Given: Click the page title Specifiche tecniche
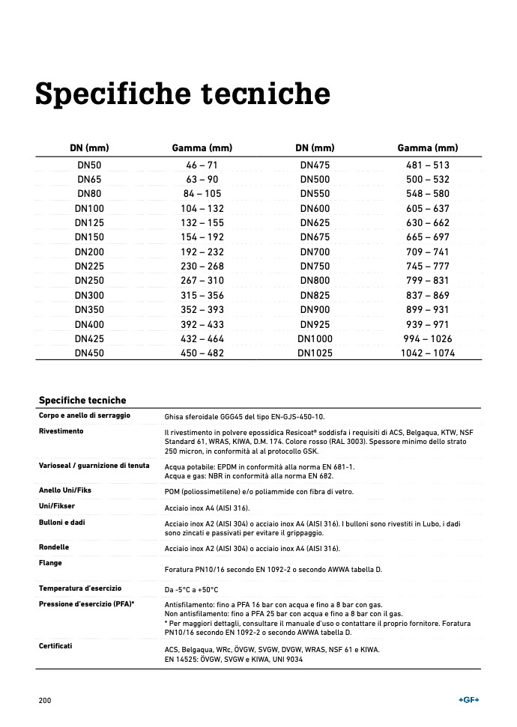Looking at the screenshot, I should [183, 95].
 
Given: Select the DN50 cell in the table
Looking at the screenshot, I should [89, 165].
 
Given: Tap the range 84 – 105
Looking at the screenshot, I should [202, 194].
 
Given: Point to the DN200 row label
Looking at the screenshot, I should [89, 252].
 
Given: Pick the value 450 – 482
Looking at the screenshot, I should [202, 353].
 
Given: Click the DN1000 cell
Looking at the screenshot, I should [315, 339].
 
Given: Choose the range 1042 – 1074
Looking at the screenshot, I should [428, 353].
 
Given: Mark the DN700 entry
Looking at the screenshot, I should [315, 252].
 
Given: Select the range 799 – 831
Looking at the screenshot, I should [428, 281].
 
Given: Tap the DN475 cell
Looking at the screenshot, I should [315, 165].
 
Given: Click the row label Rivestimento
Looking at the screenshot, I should [61, 431].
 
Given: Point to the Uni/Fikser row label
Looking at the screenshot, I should [57, 506].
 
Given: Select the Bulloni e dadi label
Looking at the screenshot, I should [62, 522].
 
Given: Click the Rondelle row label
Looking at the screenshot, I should [54, 547].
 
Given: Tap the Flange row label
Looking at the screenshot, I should [50, 563].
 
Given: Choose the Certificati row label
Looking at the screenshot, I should [56, 645].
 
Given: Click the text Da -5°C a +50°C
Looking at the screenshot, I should [192, 590].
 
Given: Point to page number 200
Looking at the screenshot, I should [45, 700].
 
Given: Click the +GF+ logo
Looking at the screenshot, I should [468, 700].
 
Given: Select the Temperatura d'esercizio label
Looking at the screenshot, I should [80, 588].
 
